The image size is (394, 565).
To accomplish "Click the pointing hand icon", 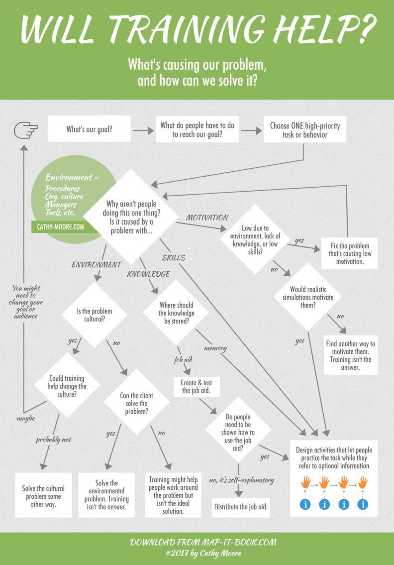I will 26,130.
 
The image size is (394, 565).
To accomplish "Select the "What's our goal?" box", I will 89,129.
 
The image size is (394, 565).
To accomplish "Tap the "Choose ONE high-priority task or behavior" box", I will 304,129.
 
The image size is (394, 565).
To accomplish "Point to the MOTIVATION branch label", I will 207,218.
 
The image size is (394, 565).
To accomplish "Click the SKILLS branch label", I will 173,257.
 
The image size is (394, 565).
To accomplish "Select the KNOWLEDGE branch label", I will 148,274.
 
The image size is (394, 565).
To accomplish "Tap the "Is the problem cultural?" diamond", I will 94,315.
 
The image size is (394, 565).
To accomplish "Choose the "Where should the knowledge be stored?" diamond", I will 177,313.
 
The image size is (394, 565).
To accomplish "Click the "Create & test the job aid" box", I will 197,386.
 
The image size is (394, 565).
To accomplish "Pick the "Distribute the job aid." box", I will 241,507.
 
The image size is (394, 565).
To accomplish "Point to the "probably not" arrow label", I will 53,440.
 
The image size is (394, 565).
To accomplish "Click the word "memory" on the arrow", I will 215,348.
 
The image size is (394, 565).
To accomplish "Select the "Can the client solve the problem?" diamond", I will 137,404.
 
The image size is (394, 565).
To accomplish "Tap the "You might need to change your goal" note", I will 27,302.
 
